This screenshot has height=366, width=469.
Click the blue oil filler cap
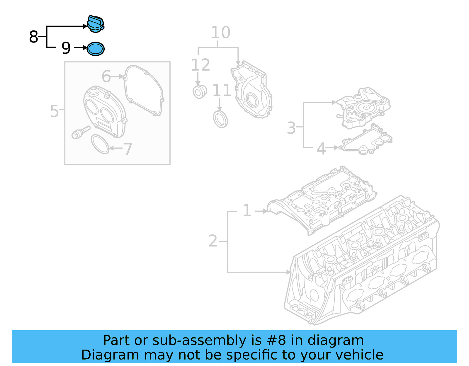[x=96, y=24]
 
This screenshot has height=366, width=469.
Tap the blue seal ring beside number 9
[x=96, y=49]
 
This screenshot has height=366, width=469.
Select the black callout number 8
[x=33, y=37]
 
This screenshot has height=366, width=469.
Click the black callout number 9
[x=66, y=48]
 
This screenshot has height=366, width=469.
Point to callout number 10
[x=220, y=33]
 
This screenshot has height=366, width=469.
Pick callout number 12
[x=200, y=65]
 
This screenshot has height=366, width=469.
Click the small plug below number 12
[x=200, y=91]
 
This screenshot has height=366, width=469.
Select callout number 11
[x=222, y=90]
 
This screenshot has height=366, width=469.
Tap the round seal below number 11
[x=220, y=119]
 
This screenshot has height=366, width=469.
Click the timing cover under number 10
[x=252, y=91]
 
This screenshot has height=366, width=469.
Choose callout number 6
[x=106, y=76]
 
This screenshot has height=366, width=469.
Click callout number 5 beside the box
[x=55, y=111]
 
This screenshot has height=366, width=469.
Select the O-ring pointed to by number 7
[x=100, y=144]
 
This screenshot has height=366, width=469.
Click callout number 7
[x=128, y=149]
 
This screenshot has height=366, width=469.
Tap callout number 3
[x=291, y=128]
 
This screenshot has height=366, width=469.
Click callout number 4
[x=321, y=149]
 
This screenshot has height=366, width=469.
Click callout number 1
[x=247, y=211]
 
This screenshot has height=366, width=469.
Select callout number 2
[x=213, y=241]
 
